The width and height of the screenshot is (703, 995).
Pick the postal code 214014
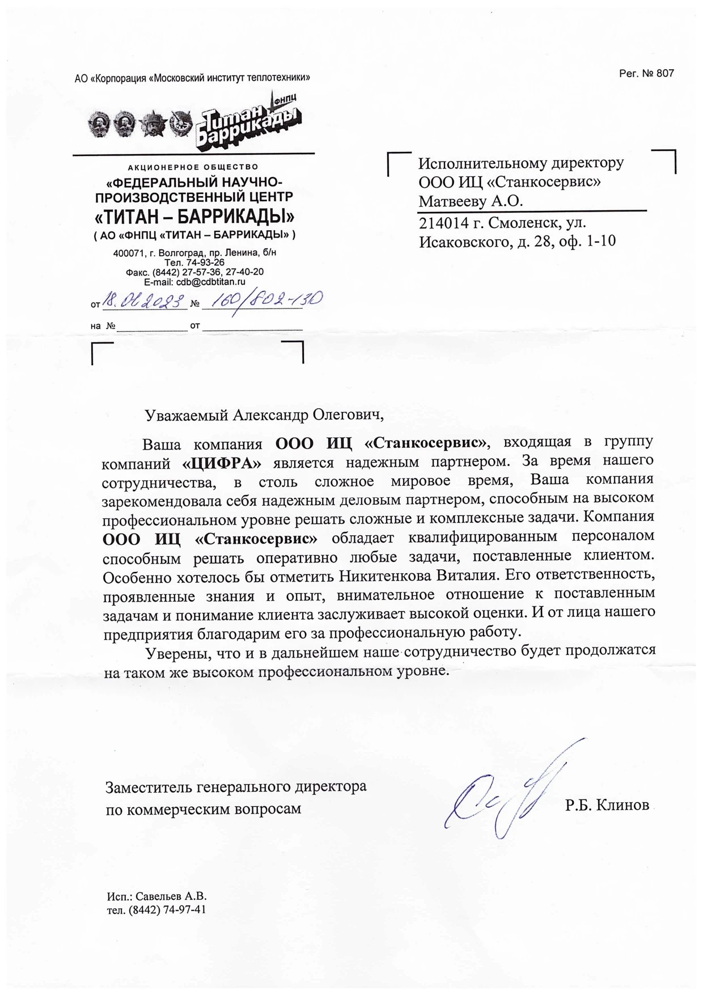pos(441,223)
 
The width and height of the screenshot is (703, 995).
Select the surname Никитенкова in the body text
pos(386,576)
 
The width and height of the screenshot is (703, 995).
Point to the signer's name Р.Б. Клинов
pos(607,805)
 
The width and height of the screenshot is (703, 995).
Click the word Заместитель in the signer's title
pos(149,787)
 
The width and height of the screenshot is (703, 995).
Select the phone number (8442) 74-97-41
pos(167,910)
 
